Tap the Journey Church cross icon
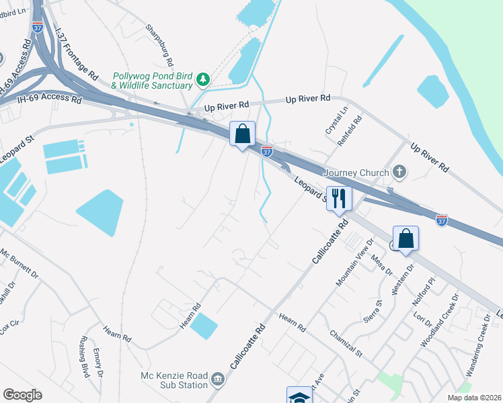coord(400,172)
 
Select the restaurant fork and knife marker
coord(339,198)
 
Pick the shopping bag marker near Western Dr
coord(405,238)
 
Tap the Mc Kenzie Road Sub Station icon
coord(217,379)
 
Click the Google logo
coord(22,395)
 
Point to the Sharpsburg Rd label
coord(159,40)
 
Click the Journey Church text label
coord(356,173)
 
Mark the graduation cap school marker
coord(299,396)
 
